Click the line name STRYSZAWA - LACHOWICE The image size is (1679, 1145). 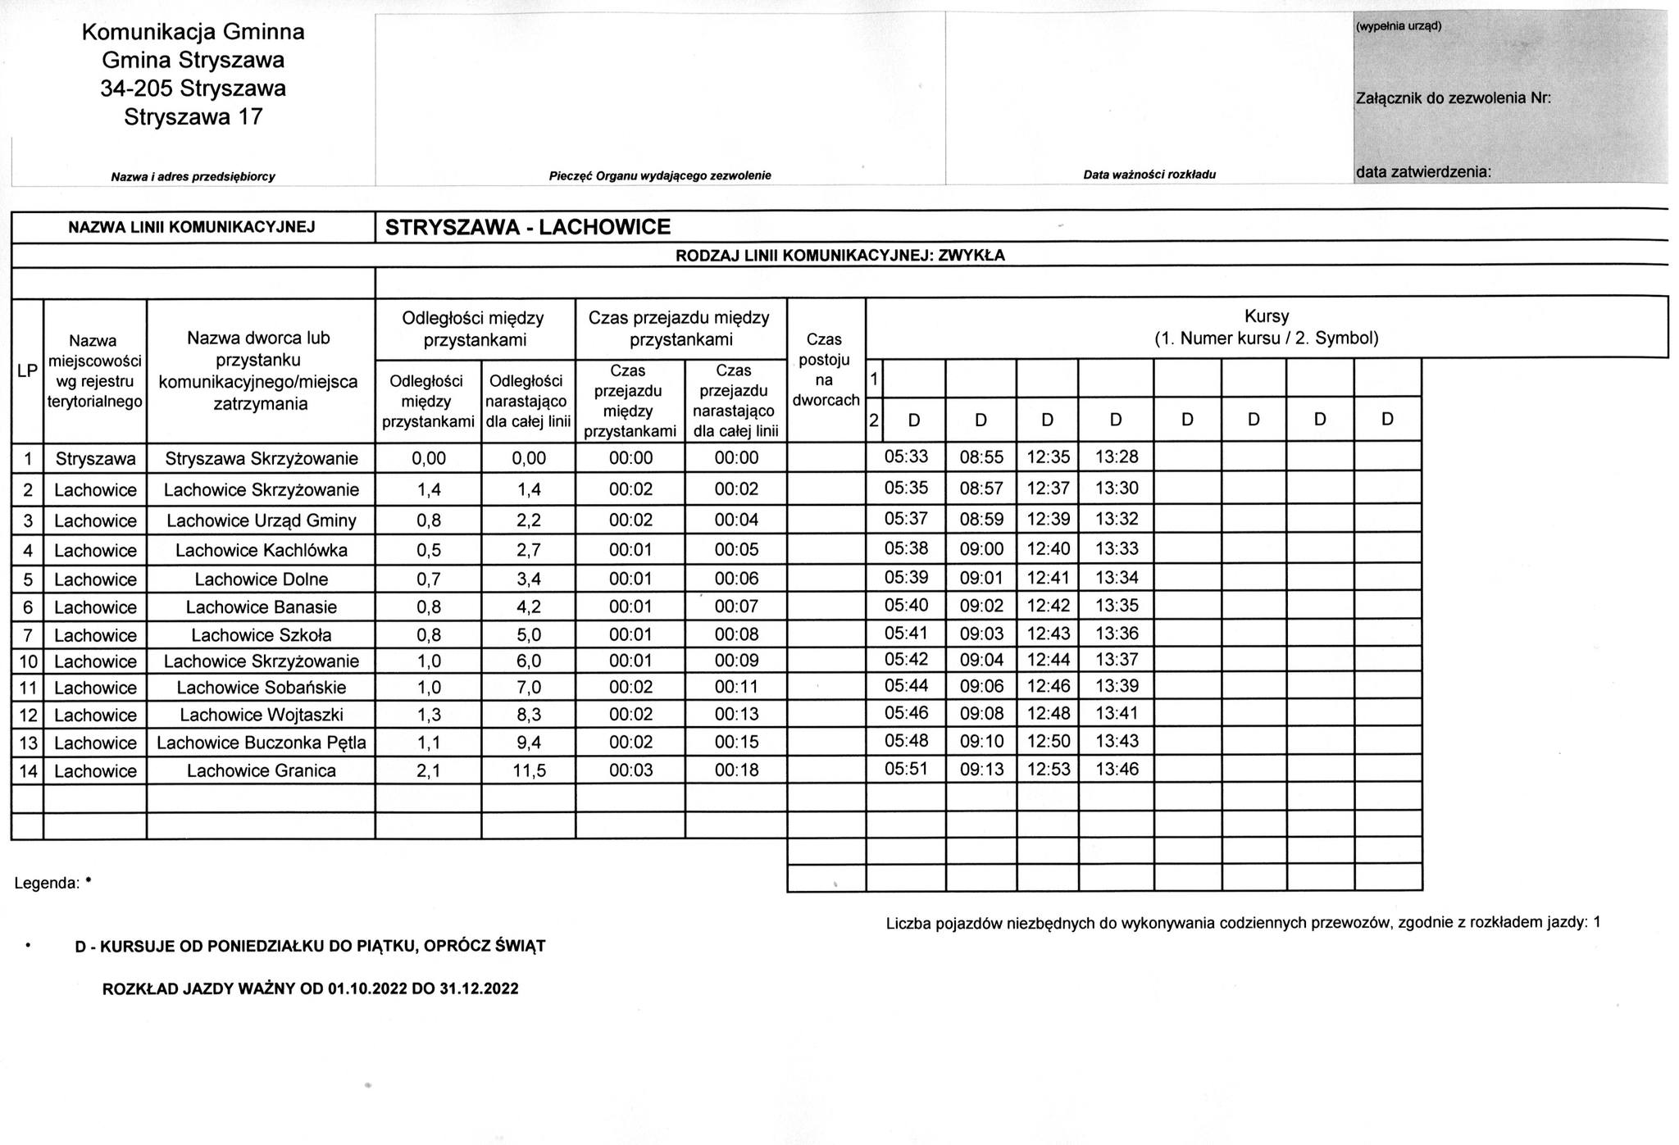point(528,227)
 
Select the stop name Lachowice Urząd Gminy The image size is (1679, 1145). point(261,520)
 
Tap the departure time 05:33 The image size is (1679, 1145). point(906,457)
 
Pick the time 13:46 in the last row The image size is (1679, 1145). point(1117,769)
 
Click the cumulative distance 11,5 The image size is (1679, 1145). point(529,770)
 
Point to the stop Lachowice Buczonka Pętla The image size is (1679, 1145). point(261,743)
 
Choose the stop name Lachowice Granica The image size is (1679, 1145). point(261,770)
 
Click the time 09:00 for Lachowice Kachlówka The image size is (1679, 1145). point(981,548)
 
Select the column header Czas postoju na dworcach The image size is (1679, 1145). point(826,370)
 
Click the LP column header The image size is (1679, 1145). point(27,370)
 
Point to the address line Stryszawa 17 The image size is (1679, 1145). point(193,117)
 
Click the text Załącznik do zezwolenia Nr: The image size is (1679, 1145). point(1453,98)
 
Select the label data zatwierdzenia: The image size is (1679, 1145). point(1422,172)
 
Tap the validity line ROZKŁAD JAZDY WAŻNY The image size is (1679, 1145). point(310,988)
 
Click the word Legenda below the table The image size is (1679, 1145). point(47,884)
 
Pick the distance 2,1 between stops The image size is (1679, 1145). point(428,770)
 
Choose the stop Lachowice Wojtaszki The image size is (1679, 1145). point(261,715)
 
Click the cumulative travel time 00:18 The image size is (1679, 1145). point(736,770)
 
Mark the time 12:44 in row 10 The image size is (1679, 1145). point(1048,660)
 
